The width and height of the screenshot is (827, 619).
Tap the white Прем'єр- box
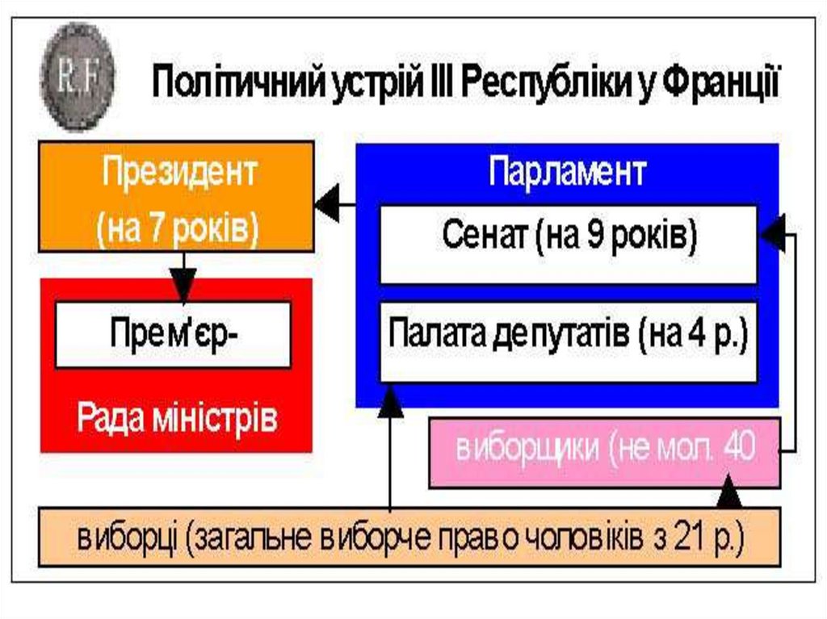click(172, 334)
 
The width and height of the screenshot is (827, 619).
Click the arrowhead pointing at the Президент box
click(327, 207)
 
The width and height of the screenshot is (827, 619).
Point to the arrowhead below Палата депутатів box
click(391, 400)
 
